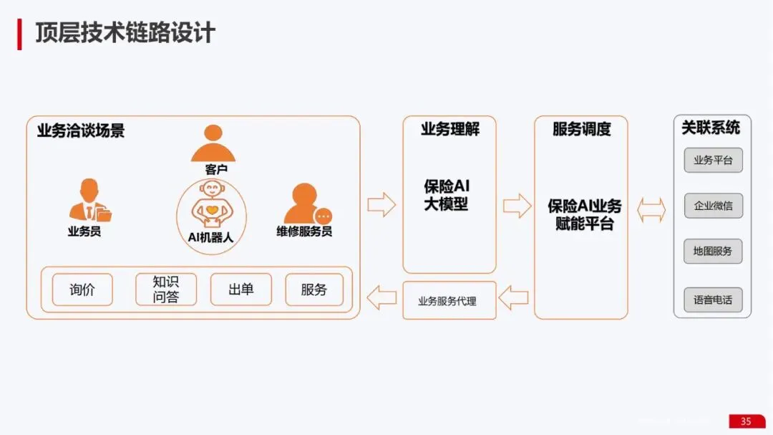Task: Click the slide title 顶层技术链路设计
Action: pyautogui.click(x=125, y=33)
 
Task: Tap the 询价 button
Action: pyautogui.click(x=82, y=290)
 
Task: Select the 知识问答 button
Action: pyautogui.click(x=165, y=290)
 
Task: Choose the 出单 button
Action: pyautogui.click(x=240, y=290)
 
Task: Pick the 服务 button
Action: pyautogui.click(x=314, y=290)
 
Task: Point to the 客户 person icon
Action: pyautogui.click(x=213, y=143)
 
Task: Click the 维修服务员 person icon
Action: pyautogui.click(x=307, y=204)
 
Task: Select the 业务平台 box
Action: pyautogui.click(x=713, y=160)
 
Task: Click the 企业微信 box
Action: pyautogui.click(x=713, y=206)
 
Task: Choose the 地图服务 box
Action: pyautogui.click(x=713, y=252)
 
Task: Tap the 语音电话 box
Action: pyautogui.click(x=713, y=300)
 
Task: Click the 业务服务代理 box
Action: pyautogui.click(x=449, y=301)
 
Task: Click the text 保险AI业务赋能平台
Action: pyautogui.click(x=585, y=214)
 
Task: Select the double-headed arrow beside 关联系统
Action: pyautogui.click(x=651, y=210)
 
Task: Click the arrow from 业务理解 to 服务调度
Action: pyautogui.click(x=517, y=206)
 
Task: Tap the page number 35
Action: pyautogui.click(x=746, y=421)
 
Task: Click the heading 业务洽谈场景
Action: pyautogui.click(x=81, y=130)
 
